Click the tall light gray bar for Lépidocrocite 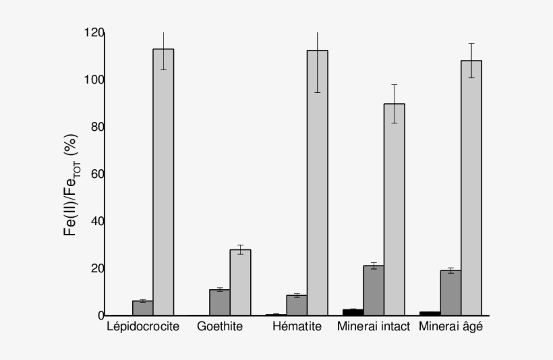pyautogui.click(x=163, y=182)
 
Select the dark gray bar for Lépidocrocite pyautogui.click(x=143, y=308)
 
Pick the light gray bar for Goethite pyautogui.click(x=240, y=282)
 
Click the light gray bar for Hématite pyautogui.click(x=317, y=183)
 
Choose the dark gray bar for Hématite pyautogui.click(x=297, y=305)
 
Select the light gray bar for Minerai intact pyautogui.click(x=394, y=209)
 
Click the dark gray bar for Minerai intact pyautogui.click(x=374, y=291)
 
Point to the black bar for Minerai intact pyautogui.click(x=353, y=312)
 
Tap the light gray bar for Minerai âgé pyautogui.click(x=471, y=188)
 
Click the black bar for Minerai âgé pyautogui.click(x=430, y=313)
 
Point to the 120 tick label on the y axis pyautogui.click(x=94, y=33)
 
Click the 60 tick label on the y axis pyautogui.click(x=96, y=175)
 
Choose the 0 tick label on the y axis pyautogui.click(x=100, y=316)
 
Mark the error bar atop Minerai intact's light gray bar pyautogui.click(x=394, y=103)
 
